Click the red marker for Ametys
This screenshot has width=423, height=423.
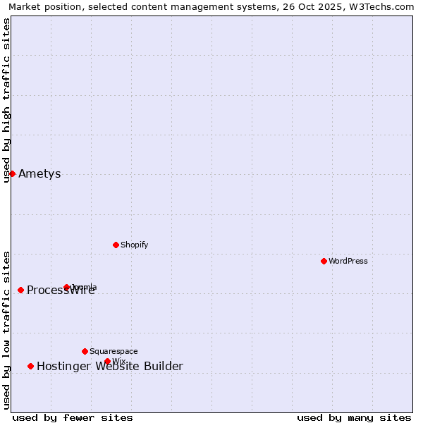coord(12,173)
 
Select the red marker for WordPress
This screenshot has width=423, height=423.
coord(324,261)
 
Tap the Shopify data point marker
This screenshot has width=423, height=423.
coord(116,245)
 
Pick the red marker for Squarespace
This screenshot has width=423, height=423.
coord(85,351)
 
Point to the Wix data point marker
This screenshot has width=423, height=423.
coord(107,361)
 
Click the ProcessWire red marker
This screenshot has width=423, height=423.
coord(20,290)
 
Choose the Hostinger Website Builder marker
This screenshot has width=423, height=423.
coord(30,366)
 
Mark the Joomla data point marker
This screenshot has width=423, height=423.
coord(66,287)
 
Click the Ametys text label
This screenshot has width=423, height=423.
coord(39,174)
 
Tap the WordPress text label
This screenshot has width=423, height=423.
coord(348,261)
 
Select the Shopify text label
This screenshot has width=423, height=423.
coord(134,245)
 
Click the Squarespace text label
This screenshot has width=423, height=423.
coord(114,351)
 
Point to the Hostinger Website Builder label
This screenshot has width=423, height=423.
coord(109,366)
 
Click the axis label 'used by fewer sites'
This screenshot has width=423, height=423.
coord(73,417)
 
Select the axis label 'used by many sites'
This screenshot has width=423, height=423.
coord(354,417)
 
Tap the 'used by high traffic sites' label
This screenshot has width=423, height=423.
coord(6,100)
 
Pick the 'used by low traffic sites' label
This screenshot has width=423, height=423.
coord(6,329)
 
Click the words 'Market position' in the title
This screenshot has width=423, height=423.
coord(41,6)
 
